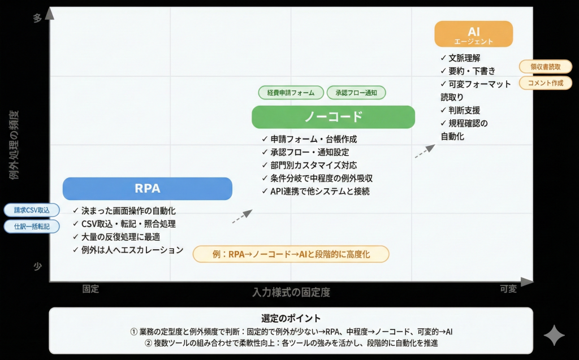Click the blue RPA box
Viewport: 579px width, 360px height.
point(148,189)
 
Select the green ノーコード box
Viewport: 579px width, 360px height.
point(333,117)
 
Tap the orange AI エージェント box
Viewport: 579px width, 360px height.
point(474,34)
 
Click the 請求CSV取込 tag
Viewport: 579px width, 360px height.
point(32,210)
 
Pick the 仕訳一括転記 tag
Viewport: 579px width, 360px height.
point(32,226)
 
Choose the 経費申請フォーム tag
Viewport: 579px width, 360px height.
point(291,93)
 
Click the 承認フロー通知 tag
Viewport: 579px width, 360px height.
point(356,93)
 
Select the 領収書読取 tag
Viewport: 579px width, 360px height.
point(546,67)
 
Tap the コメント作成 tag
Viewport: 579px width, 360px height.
point(546,83)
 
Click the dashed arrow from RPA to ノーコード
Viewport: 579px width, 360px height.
point(242,216)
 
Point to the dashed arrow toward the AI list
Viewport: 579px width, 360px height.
point(425,151)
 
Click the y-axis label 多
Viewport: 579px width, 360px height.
point(37,18)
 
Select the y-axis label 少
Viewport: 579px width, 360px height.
point(37,266)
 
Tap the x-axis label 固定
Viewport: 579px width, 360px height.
point(90,289)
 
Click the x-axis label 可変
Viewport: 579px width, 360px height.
point(508,289)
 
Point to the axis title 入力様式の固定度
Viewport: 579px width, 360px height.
point(291,292)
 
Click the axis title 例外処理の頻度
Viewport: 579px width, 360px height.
point(14,144)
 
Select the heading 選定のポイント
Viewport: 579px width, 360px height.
point(291,318)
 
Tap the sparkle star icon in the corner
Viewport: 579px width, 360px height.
point(554,335)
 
